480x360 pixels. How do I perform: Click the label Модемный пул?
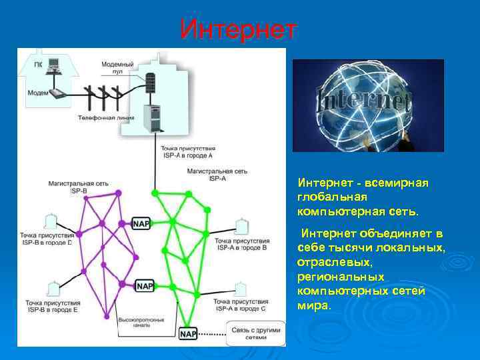[x=117, y=67]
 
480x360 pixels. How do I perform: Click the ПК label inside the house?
[x=37, y=65]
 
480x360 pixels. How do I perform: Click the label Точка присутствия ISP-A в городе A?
[x=187, y=151]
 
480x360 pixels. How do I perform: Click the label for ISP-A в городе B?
[x=243, y=243]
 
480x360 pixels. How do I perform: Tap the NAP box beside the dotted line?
[x=188, y=333]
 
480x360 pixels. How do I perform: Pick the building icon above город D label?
[x=49, y=222]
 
